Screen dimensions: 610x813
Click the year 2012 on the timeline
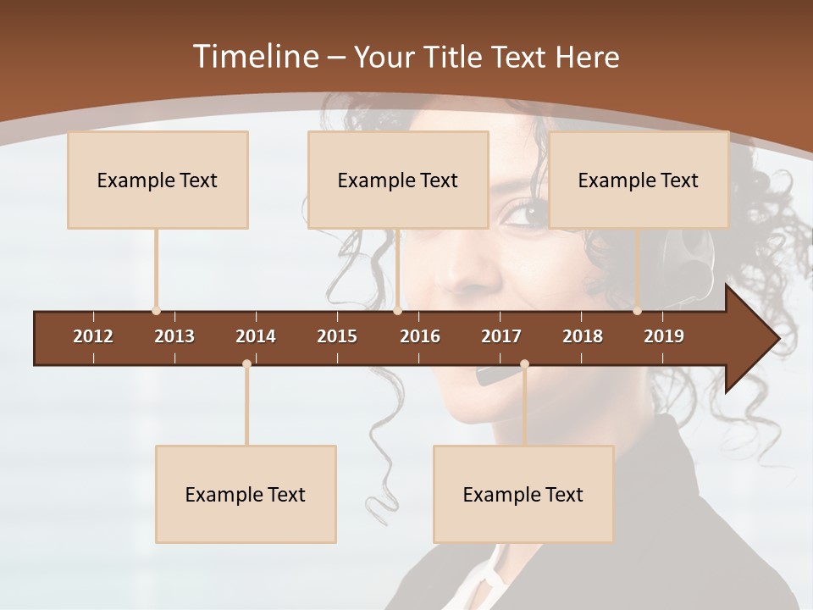[93, 336]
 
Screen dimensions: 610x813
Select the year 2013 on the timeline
[174, 336]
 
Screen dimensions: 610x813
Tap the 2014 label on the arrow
[256, 336]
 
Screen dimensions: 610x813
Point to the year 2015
[337, 336]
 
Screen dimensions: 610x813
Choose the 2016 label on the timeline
[420, 336]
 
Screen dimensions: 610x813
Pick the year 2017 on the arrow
[501, 336]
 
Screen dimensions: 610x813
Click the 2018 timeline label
[583, 336]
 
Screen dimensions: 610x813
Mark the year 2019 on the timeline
[664, 336]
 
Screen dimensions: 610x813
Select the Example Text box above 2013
[158, 180]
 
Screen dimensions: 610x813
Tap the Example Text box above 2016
[398, 180]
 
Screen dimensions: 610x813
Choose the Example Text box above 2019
[639, 180]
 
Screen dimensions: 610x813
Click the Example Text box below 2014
[246, 494]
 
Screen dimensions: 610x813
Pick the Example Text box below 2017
[523, 494]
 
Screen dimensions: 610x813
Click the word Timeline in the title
[254, 57]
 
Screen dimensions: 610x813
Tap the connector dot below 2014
[246, 364]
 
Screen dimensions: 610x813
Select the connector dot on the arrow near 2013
[156, 311]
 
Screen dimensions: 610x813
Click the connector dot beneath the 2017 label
[524, 364]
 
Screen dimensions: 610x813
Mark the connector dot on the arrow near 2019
[637, 311]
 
